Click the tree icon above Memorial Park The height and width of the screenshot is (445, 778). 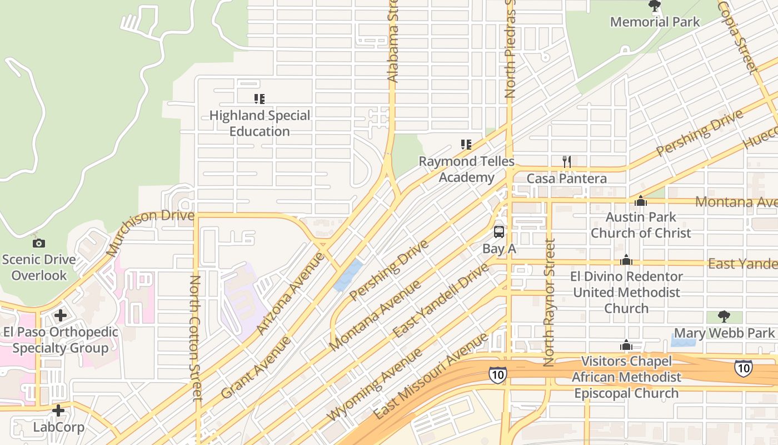pos(655,6)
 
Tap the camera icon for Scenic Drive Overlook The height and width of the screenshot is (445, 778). pos(38,243)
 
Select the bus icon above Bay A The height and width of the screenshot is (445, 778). pos(499,232)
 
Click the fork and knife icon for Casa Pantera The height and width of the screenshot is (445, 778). pos(566,162)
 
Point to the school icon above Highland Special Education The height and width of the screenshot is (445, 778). pos(259,99)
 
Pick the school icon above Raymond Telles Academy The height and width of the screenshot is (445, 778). pos(466,145)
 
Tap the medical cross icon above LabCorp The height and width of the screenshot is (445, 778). pos(58,411)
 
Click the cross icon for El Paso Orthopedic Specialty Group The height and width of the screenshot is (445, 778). pos(60,315)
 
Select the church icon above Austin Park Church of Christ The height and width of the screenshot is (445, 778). pos(640,201)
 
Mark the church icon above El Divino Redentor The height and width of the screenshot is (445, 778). pos(626,260)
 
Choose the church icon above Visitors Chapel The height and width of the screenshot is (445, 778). pos(626,345)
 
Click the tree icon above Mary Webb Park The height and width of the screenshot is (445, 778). pos(724,317)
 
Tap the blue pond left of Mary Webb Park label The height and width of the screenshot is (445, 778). pos(683,337)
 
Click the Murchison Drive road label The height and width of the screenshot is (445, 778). pos(150,232)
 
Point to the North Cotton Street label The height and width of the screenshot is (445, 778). pos(196,338)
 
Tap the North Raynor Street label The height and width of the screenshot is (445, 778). pos(549,303)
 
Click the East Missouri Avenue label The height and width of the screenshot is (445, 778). pos(431,376)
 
